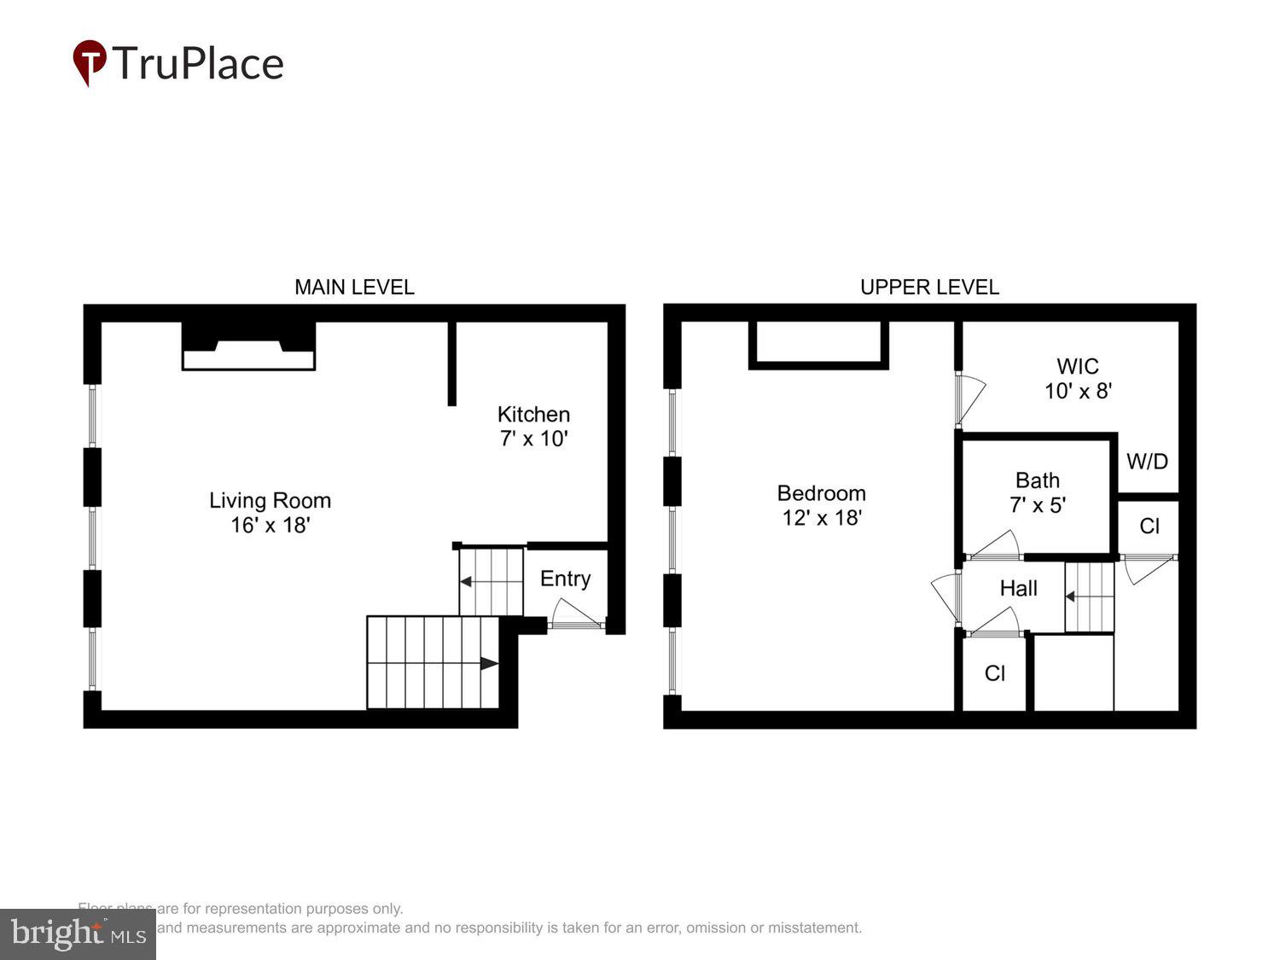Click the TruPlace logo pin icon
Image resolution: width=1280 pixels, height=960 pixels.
click(90, 62)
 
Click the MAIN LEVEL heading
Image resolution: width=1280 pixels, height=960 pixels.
click(354, 288)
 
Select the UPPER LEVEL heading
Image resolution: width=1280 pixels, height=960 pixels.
click(929, 288)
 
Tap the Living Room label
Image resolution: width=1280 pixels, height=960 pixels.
click(270, 501)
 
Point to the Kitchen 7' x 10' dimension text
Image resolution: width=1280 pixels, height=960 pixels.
click(533, 439)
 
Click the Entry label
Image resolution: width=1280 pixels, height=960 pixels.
click(565, 579)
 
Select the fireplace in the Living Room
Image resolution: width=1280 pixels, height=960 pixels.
click(248, 348)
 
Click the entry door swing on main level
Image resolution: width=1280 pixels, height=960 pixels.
click(575, 613)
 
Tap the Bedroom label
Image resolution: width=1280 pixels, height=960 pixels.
click(821, 493)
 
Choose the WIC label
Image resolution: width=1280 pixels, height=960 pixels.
click(1078, 367)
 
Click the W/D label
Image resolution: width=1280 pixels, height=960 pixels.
click(1147, 462)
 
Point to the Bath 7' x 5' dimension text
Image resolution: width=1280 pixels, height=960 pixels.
click(1038, 505)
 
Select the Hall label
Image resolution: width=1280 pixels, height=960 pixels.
click(1018, 588)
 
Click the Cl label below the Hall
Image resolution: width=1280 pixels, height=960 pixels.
click(995, 673)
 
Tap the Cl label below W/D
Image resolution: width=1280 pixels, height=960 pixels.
click(1149, 526)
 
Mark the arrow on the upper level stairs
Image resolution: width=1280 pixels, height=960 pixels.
click(1071, 596)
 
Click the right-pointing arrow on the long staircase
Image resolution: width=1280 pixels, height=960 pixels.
click(489, 663)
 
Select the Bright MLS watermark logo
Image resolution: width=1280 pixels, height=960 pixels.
click(78, 934)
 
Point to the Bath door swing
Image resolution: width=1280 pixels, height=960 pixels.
click(995, 546)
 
